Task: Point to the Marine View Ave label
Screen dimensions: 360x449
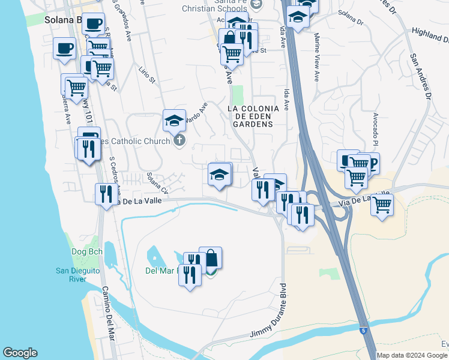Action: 316,58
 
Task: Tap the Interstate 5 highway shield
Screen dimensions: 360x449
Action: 363,331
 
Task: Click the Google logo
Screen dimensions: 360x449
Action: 20,353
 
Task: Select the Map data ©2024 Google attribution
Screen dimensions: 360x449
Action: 411,355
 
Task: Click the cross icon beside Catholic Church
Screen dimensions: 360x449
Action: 178,141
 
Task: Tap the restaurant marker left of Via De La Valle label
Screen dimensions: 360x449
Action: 104,194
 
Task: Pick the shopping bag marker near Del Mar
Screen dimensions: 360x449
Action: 211,259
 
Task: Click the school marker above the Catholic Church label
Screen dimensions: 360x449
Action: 174,121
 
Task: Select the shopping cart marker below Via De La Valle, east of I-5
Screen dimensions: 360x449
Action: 382,205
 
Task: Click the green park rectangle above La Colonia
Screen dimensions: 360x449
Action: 238,94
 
